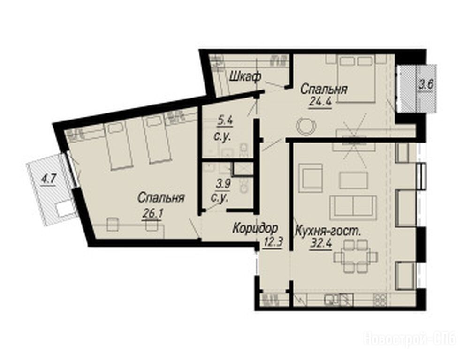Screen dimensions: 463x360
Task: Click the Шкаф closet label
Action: click(245, 77)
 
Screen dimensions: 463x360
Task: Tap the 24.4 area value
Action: click(320, 102)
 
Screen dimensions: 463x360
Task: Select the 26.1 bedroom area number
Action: click(152, 213)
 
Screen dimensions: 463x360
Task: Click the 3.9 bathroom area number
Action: click(223, 184)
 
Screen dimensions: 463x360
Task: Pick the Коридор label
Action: click(255, 228)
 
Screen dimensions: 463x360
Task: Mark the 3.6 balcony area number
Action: click(426, 85)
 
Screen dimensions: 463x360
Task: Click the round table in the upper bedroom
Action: click(306, 126)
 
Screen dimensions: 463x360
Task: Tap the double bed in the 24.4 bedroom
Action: click(357, 78)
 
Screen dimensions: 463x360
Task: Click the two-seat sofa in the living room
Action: click(353, 208)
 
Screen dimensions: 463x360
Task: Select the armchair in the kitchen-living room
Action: click(311, 178)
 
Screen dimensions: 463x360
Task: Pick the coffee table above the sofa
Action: click(353, 180)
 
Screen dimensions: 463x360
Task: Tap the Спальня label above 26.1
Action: click(161, 198)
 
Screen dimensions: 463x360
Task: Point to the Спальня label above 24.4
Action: click(324, 89)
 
